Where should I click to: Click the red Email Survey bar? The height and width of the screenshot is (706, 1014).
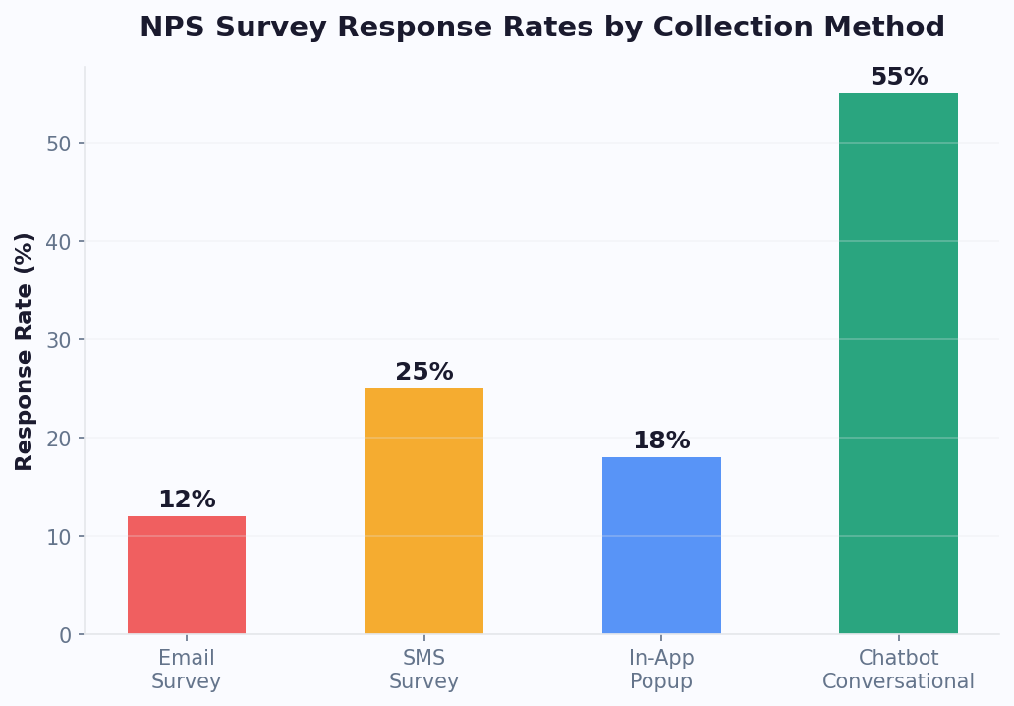point(187,575)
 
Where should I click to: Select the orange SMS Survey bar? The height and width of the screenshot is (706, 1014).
point(423,511)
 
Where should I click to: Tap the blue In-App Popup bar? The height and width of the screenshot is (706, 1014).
point(661,546)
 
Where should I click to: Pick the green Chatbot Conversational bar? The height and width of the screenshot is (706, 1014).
point(898,364)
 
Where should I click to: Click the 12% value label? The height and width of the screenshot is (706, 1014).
point(187,500)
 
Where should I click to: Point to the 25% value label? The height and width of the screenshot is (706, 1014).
point(423,372)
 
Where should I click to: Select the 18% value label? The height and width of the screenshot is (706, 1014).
point(661,441)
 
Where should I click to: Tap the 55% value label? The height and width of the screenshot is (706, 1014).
point(898,77)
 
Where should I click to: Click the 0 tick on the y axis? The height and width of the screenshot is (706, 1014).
point(66,635)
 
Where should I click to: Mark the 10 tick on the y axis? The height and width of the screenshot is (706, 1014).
point(60,537)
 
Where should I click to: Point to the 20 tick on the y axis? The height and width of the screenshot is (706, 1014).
point(60,439)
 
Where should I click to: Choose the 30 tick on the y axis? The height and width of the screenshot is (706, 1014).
point(60,340)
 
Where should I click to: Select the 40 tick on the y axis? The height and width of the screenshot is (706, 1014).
point(60,242)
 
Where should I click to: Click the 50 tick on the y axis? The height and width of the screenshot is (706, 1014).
point(60,144)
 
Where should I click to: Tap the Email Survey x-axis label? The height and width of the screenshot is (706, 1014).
point(187,670)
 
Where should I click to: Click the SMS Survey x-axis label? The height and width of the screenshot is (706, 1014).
point(423,670)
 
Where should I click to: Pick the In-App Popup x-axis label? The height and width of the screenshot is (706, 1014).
point(661,670)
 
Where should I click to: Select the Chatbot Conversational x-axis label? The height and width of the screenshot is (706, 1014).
point(898,670)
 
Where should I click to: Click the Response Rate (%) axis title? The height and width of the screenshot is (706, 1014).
point(25,351)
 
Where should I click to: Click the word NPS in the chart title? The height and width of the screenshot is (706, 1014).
point(170,28)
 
